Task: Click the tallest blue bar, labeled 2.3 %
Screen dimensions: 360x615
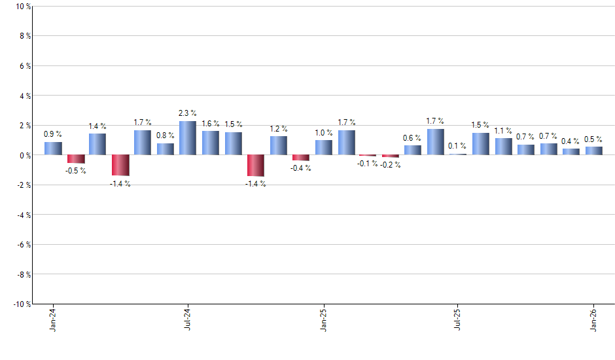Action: [188, 138]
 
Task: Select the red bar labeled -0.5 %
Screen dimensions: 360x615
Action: [76, 159]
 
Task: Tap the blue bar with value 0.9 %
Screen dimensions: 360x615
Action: [53, 149]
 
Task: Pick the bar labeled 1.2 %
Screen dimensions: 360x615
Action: [278, 145]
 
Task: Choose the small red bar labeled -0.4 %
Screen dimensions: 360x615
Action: [301, 158]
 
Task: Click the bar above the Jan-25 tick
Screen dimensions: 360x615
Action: [323, 147]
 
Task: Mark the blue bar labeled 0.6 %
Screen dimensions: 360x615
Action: [413, 150]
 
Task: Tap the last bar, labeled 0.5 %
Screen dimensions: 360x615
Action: [593, 151]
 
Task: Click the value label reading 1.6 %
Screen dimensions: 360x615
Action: [210, 124]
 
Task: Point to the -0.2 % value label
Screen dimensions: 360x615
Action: [391, 165]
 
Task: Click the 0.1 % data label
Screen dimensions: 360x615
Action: [457, 146]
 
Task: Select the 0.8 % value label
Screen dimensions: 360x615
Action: [165, 135]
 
